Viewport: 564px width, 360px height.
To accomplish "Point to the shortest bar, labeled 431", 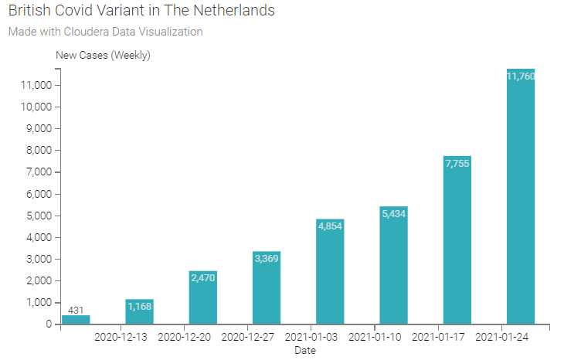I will point(76,319).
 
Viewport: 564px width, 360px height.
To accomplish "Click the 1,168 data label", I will point(140,307).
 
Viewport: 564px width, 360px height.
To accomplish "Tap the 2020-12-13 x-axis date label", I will point(121,337).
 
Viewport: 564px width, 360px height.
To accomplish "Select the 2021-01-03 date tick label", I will point(311,337).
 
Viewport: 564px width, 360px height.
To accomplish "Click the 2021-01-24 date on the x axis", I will point(501,337).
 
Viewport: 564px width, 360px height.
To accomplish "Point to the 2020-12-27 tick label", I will point(247,337).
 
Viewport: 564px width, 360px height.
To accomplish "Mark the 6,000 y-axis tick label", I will point(38,194).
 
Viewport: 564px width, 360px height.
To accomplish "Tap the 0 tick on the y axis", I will point(48,324).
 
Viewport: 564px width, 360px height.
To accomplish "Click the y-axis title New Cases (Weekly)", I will point(103,55).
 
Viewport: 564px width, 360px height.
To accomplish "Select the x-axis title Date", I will point(305,351).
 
